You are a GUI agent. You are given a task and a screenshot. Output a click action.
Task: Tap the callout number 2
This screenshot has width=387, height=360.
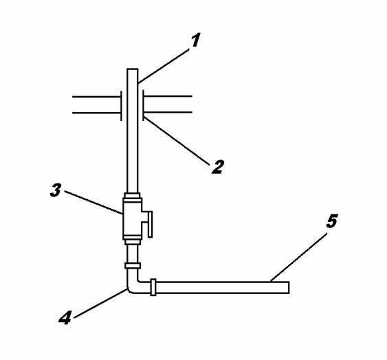coord(218,167)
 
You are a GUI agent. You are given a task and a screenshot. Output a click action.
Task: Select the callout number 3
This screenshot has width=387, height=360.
coord(56,190)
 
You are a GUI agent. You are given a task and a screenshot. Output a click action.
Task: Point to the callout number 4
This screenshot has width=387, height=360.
coord(65,317)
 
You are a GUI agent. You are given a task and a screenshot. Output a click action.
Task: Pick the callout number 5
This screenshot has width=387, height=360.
coord(332,221)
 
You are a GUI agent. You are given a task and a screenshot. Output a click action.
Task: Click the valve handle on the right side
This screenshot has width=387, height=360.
coord(150,224)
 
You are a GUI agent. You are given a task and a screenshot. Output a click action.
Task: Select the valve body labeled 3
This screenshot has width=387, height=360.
coord(132,219)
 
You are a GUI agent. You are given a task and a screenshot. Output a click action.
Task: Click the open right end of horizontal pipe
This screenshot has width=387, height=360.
coord(289,287)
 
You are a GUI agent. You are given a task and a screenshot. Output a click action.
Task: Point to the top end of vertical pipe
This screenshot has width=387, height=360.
coord(132,69)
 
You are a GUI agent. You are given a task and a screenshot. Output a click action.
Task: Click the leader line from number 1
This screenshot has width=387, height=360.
coord(164,66)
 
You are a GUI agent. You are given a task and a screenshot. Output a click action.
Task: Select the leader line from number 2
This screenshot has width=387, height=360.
coord(177,140)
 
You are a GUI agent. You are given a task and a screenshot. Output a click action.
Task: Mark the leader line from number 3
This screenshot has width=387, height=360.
coord(93,203)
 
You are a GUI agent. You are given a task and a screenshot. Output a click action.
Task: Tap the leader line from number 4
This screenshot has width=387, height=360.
coord(100,304)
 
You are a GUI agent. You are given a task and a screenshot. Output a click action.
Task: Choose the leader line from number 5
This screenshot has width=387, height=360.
coord(298,257)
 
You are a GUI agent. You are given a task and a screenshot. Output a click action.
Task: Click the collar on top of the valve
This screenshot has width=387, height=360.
coord(132,196)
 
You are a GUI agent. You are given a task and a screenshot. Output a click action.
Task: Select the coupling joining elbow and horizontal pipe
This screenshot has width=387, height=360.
coord(153,287)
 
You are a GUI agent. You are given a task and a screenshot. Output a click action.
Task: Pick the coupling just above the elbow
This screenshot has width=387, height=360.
coord(133,266)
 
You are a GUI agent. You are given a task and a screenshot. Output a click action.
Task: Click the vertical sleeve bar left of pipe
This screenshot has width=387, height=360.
coord(121,106)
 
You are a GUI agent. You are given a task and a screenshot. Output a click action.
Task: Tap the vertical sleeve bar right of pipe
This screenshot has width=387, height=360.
coord(144,106)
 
